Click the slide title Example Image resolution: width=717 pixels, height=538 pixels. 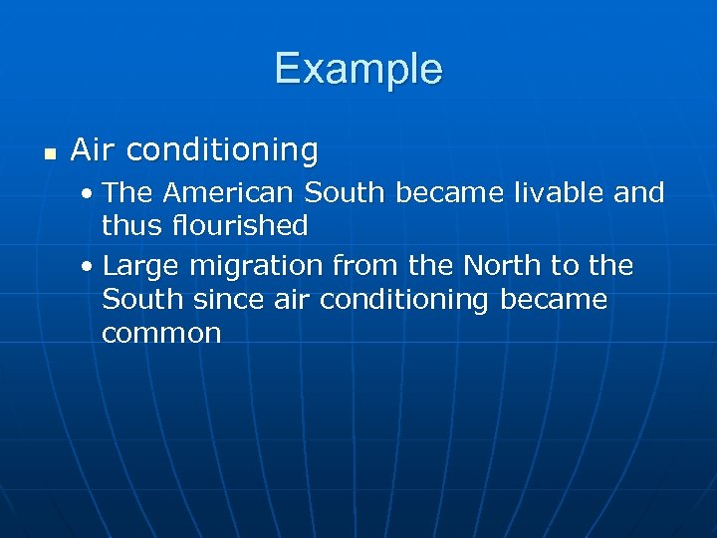[358, 69]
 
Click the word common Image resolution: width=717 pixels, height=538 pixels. [161, 334]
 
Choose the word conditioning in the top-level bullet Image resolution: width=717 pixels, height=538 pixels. [222, 150]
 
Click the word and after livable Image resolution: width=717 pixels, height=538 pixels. [639, 191]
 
